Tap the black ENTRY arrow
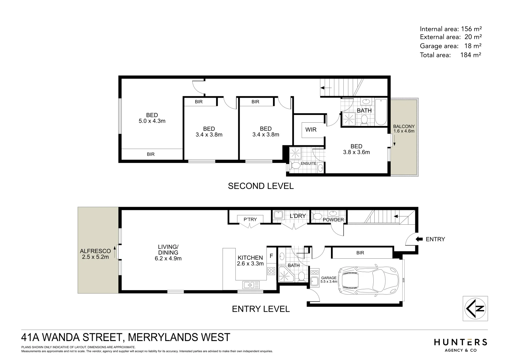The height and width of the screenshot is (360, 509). [x=419, y=239]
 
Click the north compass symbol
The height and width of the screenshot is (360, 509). [x=475, y=308]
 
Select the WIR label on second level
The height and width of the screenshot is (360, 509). [x=311, y=130]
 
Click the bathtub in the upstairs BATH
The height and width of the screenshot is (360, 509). [x=381, y=112]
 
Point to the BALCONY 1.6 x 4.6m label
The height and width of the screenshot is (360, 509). [x=404, y=129]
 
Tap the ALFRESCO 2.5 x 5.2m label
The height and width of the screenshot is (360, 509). [x=95, y=254]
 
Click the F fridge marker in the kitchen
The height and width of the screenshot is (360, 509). [x=271, y=256]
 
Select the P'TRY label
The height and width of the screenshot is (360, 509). [x=250, y=219]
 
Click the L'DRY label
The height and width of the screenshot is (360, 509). [x=297, y=216]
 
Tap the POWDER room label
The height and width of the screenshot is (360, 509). [x=333, y=220]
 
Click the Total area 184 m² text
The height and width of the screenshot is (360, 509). [x=450, y=55]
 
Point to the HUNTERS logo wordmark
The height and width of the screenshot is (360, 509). [x=460, y=342]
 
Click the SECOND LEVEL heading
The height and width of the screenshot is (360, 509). [x=261, y=186]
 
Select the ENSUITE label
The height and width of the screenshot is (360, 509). [x=308, y=163]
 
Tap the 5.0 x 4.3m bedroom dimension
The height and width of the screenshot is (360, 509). [x=152, y=121]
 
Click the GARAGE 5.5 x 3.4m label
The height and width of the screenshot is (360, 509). [x=329, y=279]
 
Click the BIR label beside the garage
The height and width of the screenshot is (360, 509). [x=360, y=253]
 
